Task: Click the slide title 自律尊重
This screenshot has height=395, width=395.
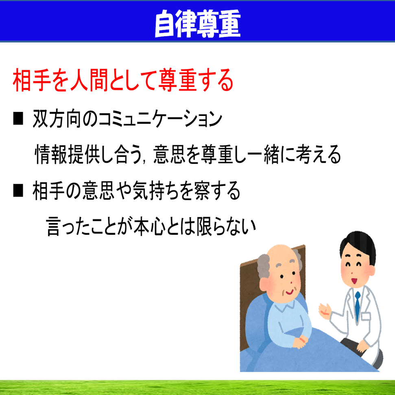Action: (198, 24)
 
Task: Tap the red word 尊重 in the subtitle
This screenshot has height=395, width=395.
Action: (177, 80)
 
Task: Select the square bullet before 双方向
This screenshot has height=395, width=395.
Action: (18, 118)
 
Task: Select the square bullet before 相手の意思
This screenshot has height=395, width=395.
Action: (18, 190)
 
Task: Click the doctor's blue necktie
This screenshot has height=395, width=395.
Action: (357, 306)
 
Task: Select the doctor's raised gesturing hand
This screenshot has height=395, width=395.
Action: (325, 311)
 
